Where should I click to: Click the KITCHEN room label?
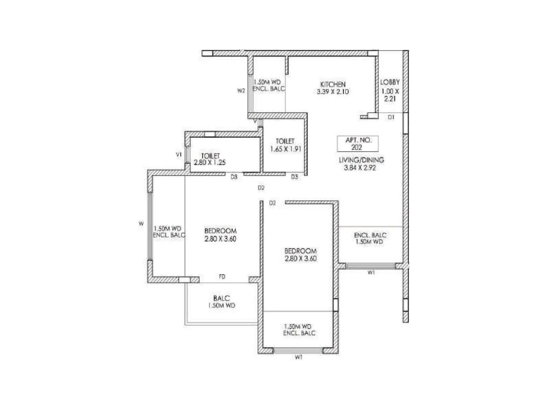(333, 84)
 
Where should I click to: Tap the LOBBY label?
(390, 82)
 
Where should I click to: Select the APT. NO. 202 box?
(358, 144)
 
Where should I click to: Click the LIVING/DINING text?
(361, 160)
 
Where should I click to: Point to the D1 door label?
(391, 117)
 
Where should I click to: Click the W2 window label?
(241, 91)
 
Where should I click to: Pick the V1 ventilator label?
(178, 155)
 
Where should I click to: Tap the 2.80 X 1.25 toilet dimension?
(210, 163)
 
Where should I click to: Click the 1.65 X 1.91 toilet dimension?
(285, 149)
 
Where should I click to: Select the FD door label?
(222, 277)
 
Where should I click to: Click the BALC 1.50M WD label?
(222, 302)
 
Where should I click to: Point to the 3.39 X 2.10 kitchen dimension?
(333, 92)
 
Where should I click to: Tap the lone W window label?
(141, 224)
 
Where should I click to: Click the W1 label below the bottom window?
(298, 357)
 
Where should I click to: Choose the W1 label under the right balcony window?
(371, 273)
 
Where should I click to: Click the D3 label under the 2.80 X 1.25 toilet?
(234, 177)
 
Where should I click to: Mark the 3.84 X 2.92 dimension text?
(360, 168)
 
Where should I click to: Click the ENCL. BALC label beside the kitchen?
(268, 89)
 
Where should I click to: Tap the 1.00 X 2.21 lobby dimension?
(390, 95)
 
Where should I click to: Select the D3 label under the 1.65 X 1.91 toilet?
(294, 177)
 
